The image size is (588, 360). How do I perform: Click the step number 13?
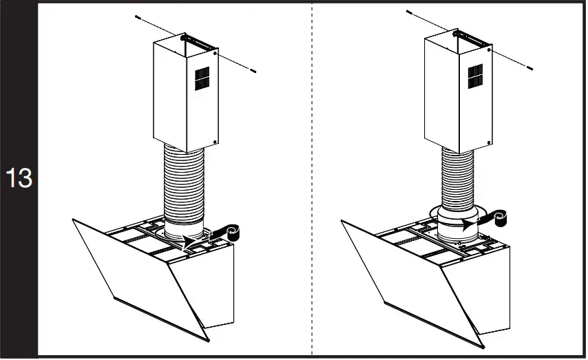[19, 178]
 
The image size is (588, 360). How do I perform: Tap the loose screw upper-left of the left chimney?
[138, 17]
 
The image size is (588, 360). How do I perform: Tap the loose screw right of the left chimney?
[255, 70]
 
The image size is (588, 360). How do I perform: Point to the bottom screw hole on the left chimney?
[216, 142]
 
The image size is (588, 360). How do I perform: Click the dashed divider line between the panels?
[312, 179]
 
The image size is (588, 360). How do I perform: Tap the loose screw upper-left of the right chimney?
[409, 12]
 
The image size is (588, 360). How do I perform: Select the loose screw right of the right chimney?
[528, 67]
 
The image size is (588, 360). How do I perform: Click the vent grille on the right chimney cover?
[475, 76]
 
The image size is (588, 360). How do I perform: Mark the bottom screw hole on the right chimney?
[487, 140]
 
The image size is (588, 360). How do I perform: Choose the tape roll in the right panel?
[500, 218]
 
